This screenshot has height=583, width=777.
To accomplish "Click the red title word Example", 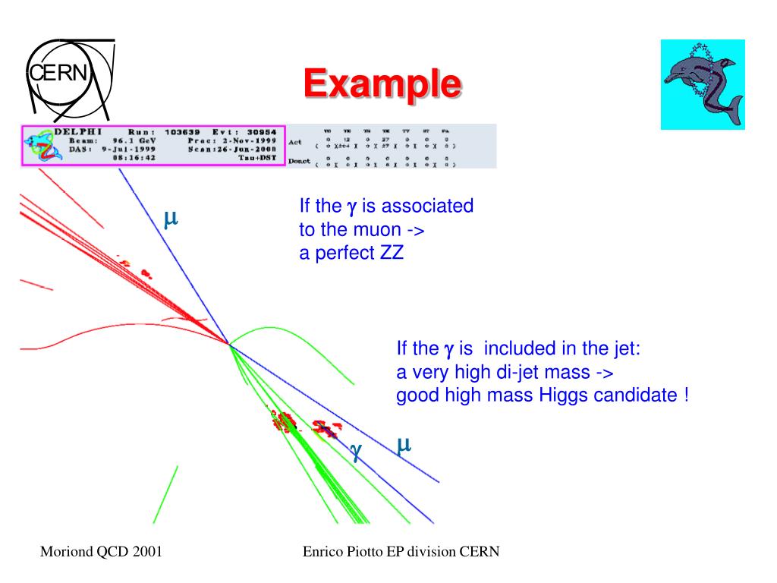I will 382,84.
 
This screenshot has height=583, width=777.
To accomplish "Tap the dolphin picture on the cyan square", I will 703,85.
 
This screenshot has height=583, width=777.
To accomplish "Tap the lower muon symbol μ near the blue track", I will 404,444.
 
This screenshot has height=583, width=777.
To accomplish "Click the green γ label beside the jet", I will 355,450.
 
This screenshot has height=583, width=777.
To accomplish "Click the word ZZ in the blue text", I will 391,254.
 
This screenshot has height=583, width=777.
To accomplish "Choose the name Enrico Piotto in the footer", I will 345,552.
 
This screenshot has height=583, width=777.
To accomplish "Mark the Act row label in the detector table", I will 296,142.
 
